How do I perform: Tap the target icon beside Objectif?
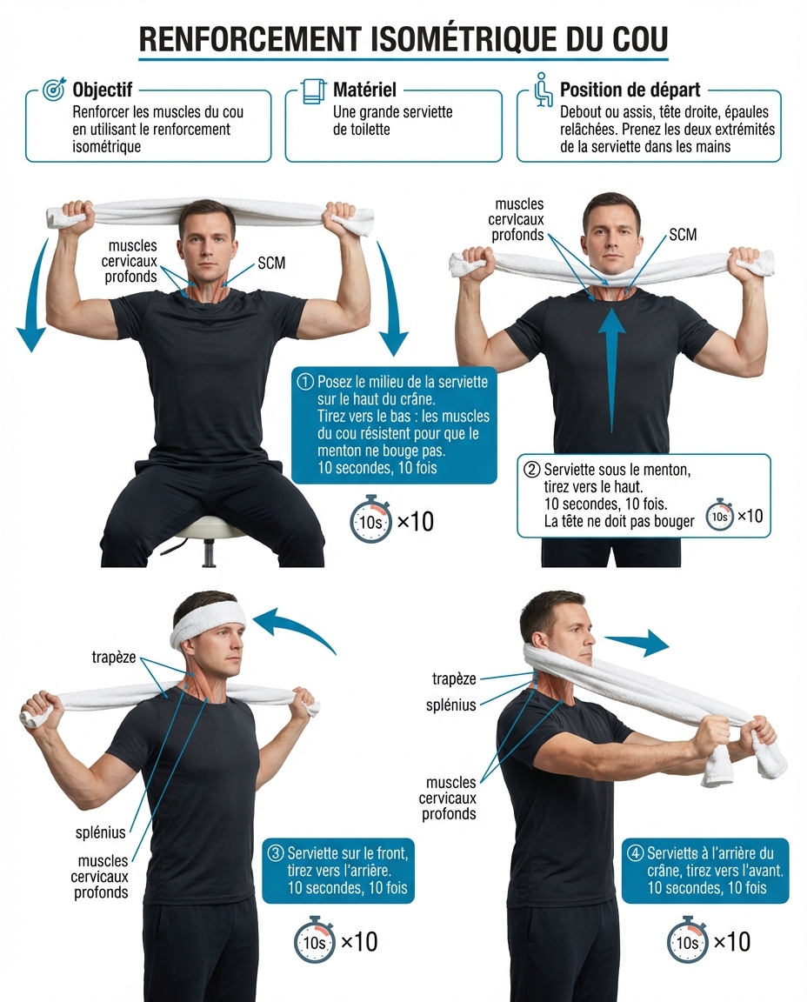coord(54,90)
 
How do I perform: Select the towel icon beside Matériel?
coord(313,90)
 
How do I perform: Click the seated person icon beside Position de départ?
coord(543,90)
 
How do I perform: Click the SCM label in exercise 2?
coord(683,235)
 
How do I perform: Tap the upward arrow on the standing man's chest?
coord(612,365)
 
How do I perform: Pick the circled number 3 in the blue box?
coord(276,853)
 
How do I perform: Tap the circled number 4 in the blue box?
coord(636,853)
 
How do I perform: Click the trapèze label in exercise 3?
coord(113,658)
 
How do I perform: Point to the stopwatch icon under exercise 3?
coord(314,942)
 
